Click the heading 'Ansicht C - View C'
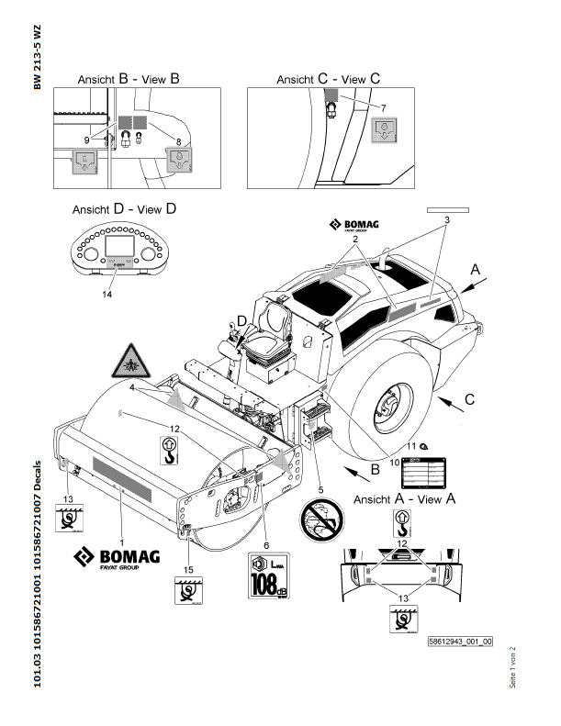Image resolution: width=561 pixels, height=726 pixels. (x=328, y=80)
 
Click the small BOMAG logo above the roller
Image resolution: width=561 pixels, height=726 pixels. (x=354, y=226)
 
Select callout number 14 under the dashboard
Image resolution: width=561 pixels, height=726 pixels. (x=108, y=295)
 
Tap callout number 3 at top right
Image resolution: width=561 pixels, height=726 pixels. (x=445, y=220)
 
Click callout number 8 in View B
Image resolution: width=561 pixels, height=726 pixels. (x=177, y=143)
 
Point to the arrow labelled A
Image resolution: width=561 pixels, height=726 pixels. (x=474, y=269)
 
